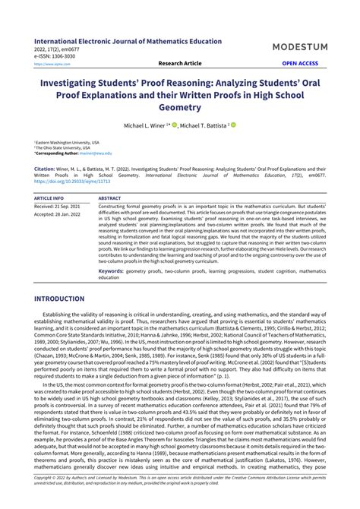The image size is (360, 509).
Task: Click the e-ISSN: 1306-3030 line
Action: [55, 57]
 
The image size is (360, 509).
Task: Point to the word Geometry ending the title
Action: [180, 107]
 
